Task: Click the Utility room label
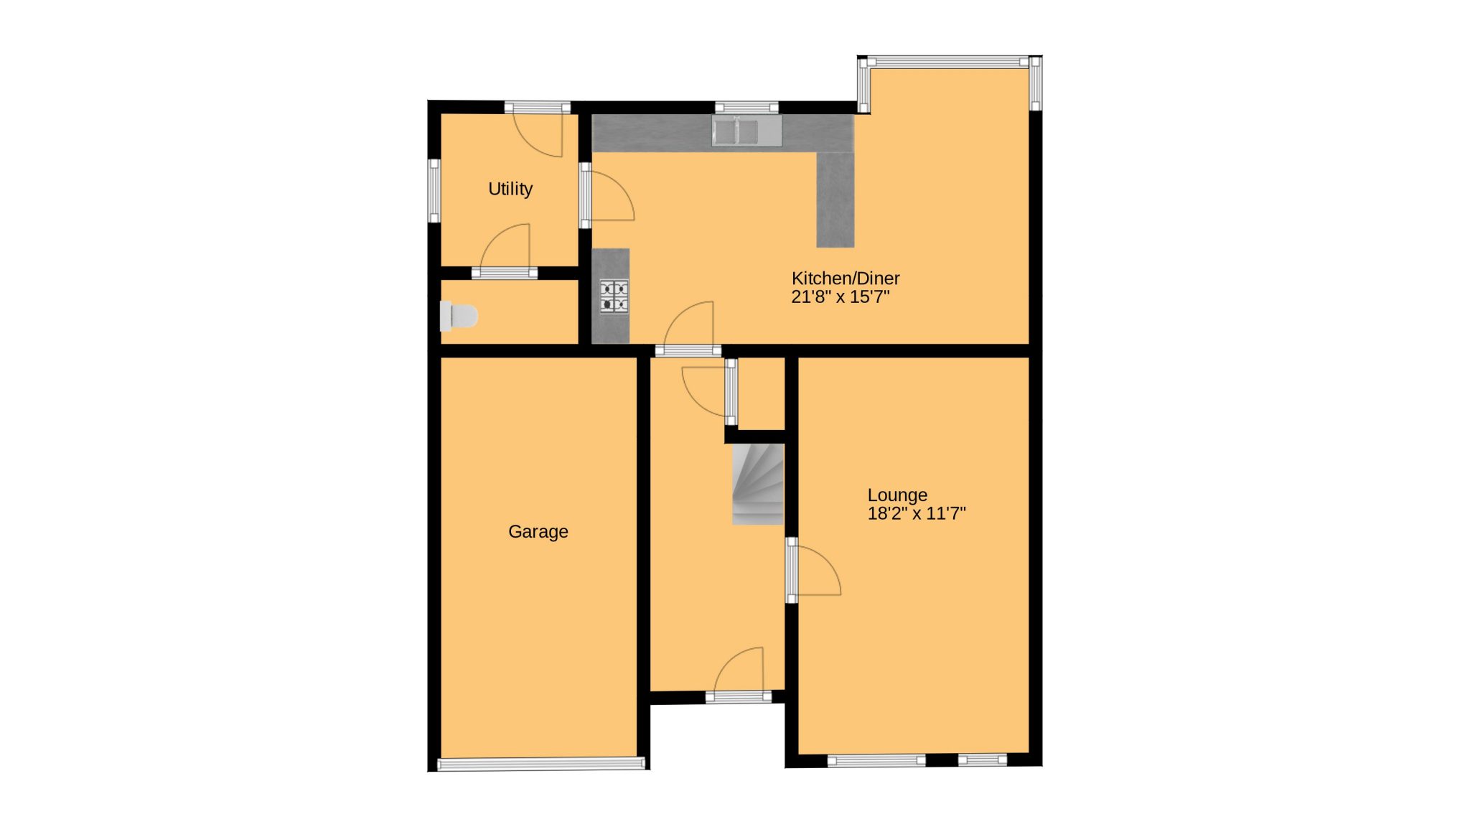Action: [x=510, y=189]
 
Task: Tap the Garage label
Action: [x=538, y=532]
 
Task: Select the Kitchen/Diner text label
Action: [x=846, y=279]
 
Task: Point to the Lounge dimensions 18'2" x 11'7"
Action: [x=917, y=513]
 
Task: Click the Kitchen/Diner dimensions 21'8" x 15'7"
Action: [x=841, y=297]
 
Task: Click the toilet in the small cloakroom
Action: [x=459, y=317]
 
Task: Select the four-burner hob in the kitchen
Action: [x=614, y=297]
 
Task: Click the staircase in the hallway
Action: [x=758, y=485]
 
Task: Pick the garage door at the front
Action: [x=541, y=764]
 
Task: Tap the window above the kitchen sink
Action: [x=746, y=108]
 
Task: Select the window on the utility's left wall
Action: [x=434, y=191]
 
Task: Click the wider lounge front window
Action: [x=876, y=760]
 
